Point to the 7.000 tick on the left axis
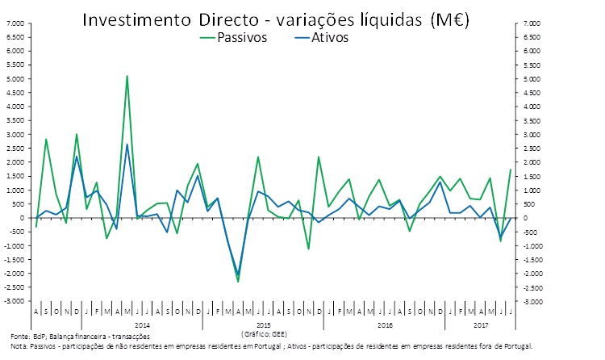click(x=15, y=23)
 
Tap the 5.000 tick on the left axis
click(x=15, y=79)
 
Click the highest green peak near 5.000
click(x=127, y=76)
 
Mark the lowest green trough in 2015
click(x=238, y=282)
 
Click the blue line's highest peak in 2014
click(x=127, y=144)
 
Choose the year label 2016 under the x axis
click(x=385, y=324)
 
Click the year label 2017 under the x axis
click(x=481, y=324)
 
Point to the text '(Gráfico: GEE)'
click(x=263, y=333)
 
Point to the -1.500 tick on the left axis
click(x=15, y=260)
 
